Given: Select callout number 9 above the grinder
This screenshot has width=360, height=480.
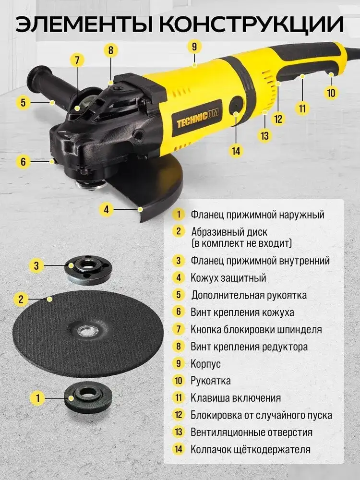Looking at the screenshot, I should [x=194, y=47].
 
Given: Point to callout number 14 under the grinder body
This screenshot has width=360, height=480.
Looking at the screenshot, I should [x=235, y=151].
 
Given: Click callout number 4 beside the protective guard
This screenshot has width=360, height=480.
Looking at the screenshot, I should [x=107, y=209].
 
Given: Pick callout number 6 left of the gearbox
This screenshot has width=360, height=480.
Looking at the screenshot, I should [x=23, y=161].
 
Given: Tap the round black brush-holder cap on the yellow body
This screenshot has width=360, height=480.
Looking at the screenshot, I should [x=236, y=107].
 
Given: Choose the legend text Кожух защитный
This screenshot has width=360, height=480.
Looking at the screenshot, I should [x=228, y=278].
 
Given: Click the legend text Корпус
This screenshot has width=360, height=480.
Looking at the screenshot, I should [x=205, y=363].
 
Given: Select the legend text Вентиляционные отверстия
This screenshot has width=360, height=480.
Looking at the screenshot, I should [x=252, y=432].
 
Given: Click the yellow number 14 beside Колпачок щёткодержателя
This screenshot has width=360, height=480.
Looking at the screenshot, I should [x=179, y=449].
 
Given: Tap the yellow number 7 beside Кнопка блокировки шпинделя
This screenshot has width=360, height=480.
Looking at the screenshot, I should [x=179, y=329].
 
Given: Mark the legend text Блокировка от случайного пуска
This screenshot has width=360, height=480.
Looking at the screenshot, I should [x=261, y=415].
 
